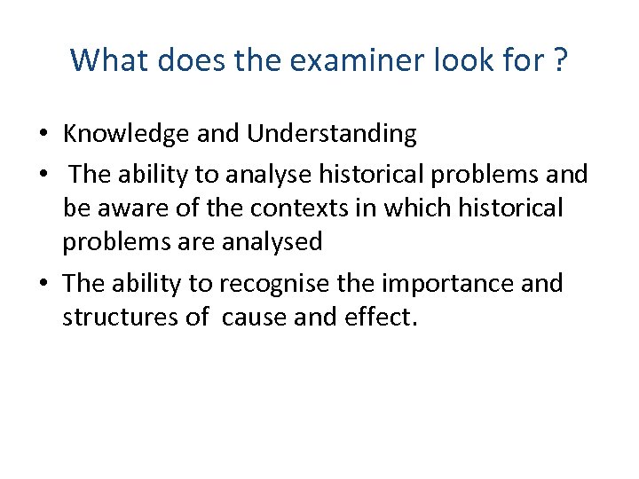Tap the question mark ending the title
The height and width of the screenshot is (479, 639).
[x=560, y=60]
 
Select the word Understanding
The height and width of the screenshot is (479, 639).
[x=332, y=134]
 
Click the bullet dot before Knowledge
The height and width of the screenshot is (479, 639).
[x=43, y=135]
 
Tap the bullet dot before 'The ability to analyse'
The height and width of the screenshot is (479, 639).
[x=43, y=176]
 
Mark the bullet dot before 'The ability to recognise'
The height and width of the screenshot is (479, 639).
[x=43, y=284]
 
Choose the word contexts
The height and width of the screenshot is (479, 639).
[x=288, y=208]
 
